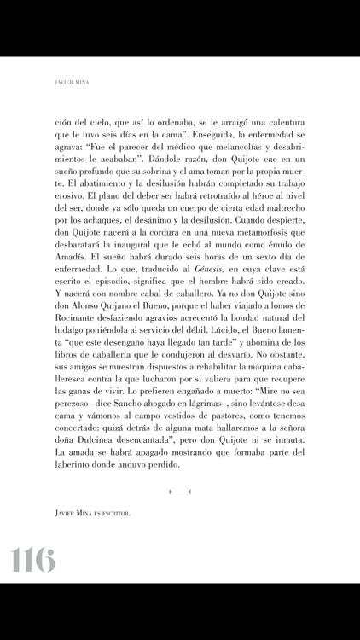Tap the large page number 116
pyautogui.click(x=33, y=560)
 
